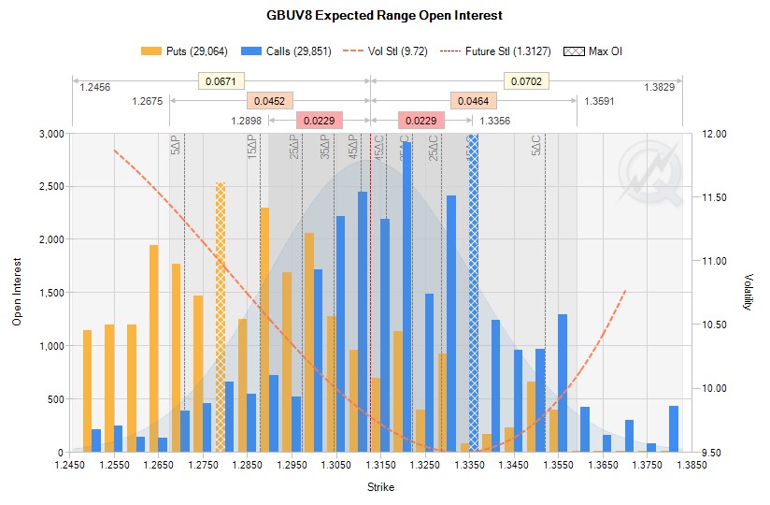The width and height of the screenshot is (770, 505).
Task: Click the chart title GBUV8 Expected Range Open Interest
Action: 385,15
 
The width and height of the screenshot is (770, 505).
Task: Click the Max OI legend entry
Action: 593,50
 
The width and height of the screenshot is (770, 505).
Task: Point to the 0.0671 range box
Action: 221,82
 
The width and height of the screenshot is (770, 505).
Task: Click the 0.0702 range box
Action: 526,82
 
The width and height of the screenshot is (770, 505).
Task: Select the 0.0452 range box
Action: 270,101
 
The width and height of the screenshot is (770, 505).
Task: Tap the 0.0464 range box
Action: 474,101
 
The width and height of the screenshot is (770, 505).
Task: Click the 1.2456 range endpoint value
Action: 95,87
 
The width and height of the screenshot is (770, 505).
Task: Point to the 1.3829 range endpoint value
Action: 659,87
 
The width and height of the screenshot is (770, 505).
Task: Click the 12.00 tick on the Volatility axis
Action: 714,134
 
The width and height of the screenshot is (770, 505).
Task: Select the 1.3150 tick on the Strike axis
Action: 379,464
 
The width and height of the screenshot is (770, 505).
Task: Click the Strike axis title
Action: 379,487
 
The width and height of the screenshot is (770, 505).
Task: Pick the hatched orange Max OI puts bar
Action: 221,318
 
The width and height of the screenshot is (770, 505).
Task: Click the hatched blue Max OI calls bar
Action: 473,293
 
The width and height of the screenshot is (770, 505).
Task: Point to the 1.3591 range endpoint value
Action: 600,101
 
